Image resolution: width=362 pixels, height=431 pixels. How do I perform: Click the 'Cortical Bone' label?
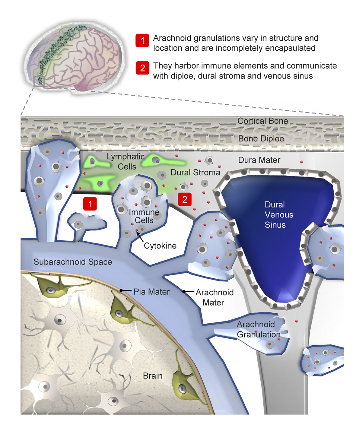262,121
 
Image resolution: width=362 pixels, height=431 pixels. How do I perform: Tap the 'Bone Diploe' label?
261,139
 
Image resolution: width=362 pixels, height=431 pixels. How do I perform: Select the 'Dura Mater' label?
259,160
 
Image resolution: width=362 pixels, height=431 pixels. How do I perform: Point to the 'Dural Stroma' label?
195,173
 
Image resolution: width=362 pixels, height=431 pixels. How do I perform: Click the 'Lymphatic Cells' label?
126,162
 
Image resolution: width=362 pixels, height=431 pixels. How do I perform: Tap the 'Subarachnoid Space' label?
73,262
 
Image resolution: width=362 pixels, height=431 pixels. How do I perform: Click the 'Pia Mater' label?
151,292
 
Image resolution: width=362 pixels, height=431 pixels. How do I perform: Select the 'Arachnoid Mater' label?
214,297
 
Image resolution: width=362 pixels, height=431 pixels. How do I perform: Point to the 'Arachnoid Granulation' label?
259,329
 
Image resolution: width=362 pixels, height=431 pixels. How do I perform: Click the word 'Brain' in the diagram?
153,376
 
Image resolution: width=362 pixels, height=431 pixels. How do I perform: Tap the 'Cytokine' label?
160,246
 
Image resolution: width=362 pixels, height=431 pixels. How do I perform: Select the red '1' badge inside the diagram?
90,204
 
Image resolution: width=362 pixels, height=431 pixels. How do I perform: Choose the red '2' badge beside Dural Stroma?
185,199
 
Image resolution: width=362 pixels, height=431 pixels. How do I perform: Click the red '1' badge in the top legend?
142,40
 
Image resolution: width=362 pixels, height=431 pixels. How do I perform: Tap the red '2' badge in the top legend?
142,68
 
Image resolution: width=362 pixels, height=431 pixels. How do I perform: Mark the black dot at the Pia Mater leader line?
121,291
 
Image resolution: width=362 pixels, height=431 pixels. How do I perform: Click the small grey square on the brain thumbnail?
39,81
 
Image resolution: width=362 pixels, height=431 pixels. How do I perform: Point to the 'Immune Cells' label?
144,216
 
